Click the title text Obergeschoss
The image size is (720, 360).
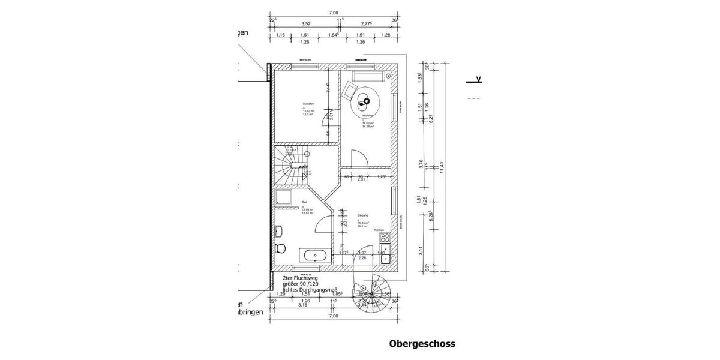[422, 344]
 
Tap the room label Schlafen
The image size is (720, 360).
[308, 104]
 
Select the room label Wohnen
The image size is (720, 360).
[368, 116]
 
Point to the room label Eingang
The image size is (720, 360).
[362, 215]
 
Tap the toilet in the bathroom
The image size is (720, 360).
[279, 249]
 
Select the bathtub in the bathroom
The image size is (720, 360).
[316, 256]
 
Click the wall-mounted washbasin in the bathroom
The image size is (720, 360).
[278, 230]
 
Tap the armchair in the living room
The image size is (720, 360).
[349, 91]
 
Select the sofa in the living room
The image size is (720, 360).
[370, 76]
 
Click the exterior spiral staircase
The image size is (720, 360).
[374, 294]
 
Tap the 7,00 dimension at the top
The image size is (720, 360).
[334, 13]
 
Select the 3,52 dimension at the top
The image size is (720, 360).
[305, 24]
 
